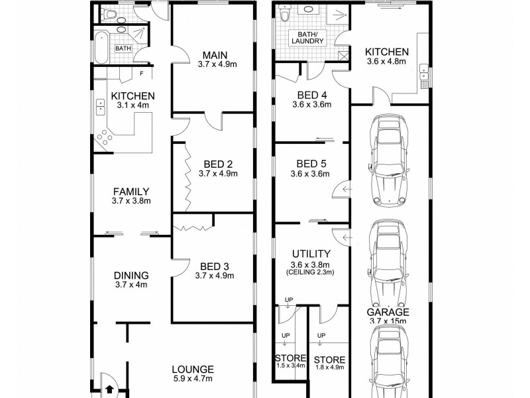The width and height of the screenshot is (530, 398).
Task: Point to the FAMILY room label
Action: point(131,192)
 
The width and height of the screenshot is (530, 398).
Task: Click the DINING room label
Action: point(131,275)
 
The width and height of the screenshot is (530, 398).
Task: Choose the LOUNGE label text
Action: point(193,369)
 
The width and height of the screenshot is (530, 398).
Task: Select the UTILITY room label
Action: point(311,253)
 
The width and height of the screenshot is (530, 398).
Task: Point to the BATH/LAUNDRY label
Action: point(308,37)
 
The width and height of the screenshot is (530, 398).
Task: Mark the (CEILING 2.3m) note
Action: point(311,272)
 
